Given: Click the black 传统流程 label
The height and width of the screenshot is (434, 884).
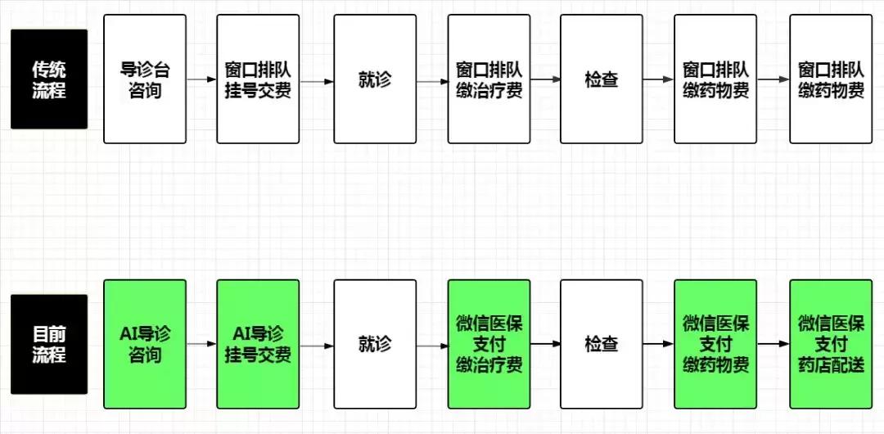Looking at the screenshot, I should [x=49, y=79].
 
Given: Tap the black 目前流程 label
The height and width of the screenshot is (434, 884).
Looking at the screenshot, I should [x=49, y=345].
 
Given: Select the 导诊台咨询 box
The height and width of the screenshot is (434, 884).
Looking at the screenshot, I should [x=145, y=79].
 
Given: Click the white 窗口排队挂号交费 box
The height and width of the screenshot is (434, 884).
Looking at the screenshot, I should [x=258, y=79].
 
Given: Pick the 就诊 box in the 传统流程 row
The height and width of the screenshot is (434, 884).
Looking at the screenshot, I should [x=375, y=79].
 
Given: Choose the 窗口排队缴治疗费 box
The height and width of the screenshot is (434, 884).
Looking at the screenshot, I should [x=489, y=79].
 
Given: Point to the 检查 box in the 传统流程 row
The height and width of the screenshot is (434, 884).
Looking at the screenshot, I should [x=601, y=79].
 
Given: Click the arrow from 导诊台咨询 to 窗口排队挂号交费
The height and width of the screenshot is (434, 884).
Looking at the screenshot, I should [x=201, y=80].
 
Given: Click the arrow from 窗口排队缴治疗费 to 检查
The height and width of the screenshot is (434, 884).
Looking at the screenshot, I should [x=545, y=80].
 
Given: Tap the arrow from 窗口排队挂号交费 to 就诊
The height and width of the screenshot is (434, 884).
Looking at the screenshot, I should [x=317, y=81].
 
